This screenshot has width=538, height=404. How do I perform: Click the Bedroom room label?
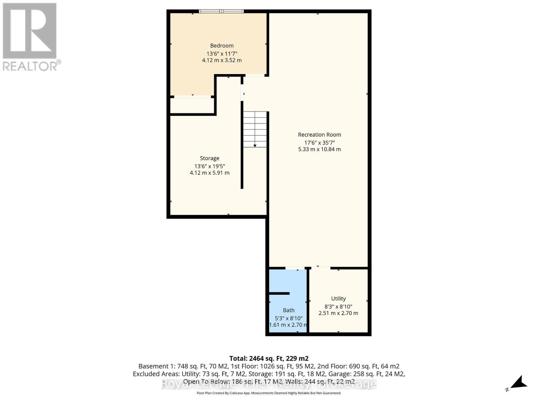coord(222,46)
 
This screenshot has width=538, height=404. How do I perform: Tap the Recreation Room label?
coord(319,135)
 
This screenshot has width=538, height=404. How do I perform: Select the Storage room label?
coord(209,158)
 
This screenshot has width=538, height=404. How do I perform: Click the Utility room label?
coord(338,299)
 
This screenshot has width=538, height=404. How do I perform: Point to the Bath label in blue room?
coord(289,310)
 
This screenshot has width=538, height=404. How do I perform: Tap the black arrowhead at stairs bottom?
coord(255,146)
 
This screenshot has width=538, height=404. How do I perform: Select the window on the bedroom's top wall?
coord(221,11)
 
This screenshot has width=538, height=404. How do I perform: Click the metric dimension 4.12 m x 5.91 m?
coord(209,173)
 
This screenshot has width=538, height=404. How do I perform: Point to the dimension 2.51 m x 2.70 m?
coord(338,313)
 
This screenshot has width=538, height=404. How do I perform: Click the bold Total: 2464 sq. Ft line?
coord(269,359)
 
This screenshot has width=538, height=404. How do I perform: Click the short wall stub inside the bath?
coord(279,294)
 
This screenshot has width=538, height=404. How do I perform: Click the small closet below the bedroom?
coord(192,106)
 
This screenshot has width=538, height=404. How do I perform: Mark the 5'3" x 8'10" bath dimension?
coord(289,318)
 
